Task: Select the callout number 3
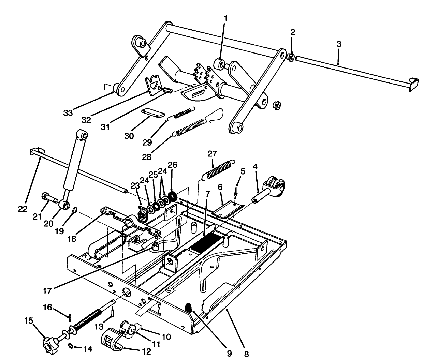click(x=338, y=44)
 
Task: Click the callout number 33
click(x=68, y=113)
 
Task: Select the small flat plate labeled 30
click(x=153, y=113)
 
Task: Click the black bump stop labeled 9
click(x=188, y=307)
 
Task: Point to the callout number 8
click(x=246, y=354)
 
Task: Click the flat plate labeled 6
click(x=227, y=210)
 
